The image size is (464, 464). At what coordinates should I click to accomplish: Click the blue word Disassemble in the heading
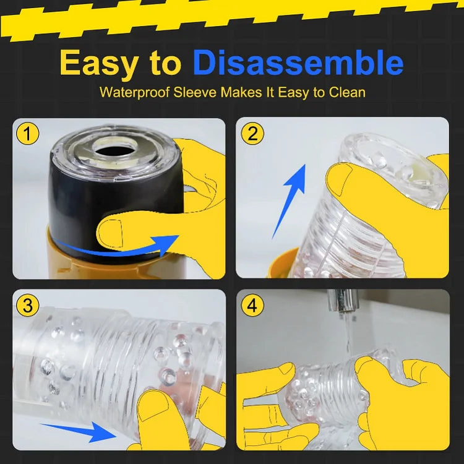(298, 63)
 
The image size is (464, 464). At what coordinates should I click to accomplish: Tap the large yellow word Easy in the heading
(103, 63)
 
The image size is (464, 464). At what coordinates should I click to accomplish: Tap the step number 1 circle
(28, 134)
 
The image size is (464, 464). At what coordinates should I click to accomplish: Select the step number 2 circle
(252, 133)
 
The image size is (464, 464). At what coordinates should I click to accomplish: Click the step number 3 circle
(28, 305)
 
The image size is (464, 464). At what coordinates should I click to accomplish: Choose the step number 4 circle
(252, 305)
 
